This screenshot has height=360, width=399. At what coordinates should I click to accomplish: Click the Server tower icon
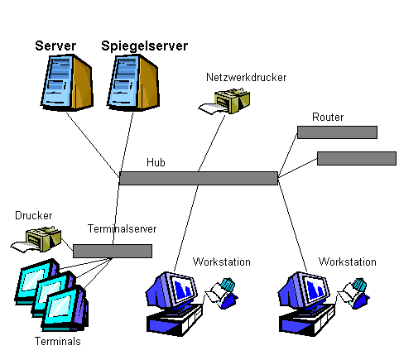pos(66,82)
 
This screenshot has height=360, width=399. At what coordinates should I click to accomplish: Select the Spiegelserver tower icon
pos(133,82)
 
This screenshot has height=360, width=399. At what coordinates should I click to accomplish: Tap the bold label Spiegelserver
pos(144,46)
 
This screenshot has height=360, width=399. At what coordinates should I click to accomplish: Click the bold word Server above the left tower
pos(55,46)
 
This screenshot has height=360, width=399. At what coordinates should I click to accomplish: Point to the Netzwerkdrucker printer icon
pos(224,101)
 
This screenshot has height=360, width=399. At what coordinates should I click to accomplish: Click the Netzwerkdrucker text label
pos(246,78)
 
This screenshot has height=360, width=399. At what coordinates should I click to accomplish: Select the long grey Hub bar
pos(199,178)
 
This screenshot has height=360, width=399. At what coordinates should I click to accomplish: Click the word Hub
pos(156,162)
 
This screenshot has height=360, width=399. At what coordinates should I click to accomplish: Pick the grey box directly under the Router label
pos(337,132)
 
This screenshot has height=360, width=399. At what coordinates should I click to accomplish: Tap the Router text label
pos(328,118)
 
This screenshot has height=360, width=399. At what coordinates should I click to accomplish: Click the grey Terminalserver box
pos(113,251)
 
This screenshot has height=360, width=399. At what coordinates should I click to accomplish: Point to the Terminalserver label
pos(122,228)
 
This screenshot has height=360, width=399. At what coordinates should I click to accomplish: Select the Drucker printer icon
pos(36,239)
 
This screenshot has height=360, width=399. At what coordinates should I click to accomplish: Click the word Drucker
pos(33,215)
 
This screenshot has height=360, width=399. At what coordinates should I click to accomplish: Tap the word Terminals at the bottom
pos(58,342)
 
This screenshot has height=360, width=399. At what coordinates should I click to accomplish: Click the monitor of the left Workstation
pos(171,290)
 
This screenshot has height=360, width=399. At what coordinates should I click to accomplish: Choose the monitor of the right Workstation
pos(304,290)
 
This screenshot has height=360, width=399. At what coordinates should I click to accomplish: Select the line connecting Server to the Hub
pos(93,144)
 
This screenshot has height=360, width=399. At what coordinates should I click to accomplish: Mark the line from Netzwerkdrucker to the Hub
pos(212,143)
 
